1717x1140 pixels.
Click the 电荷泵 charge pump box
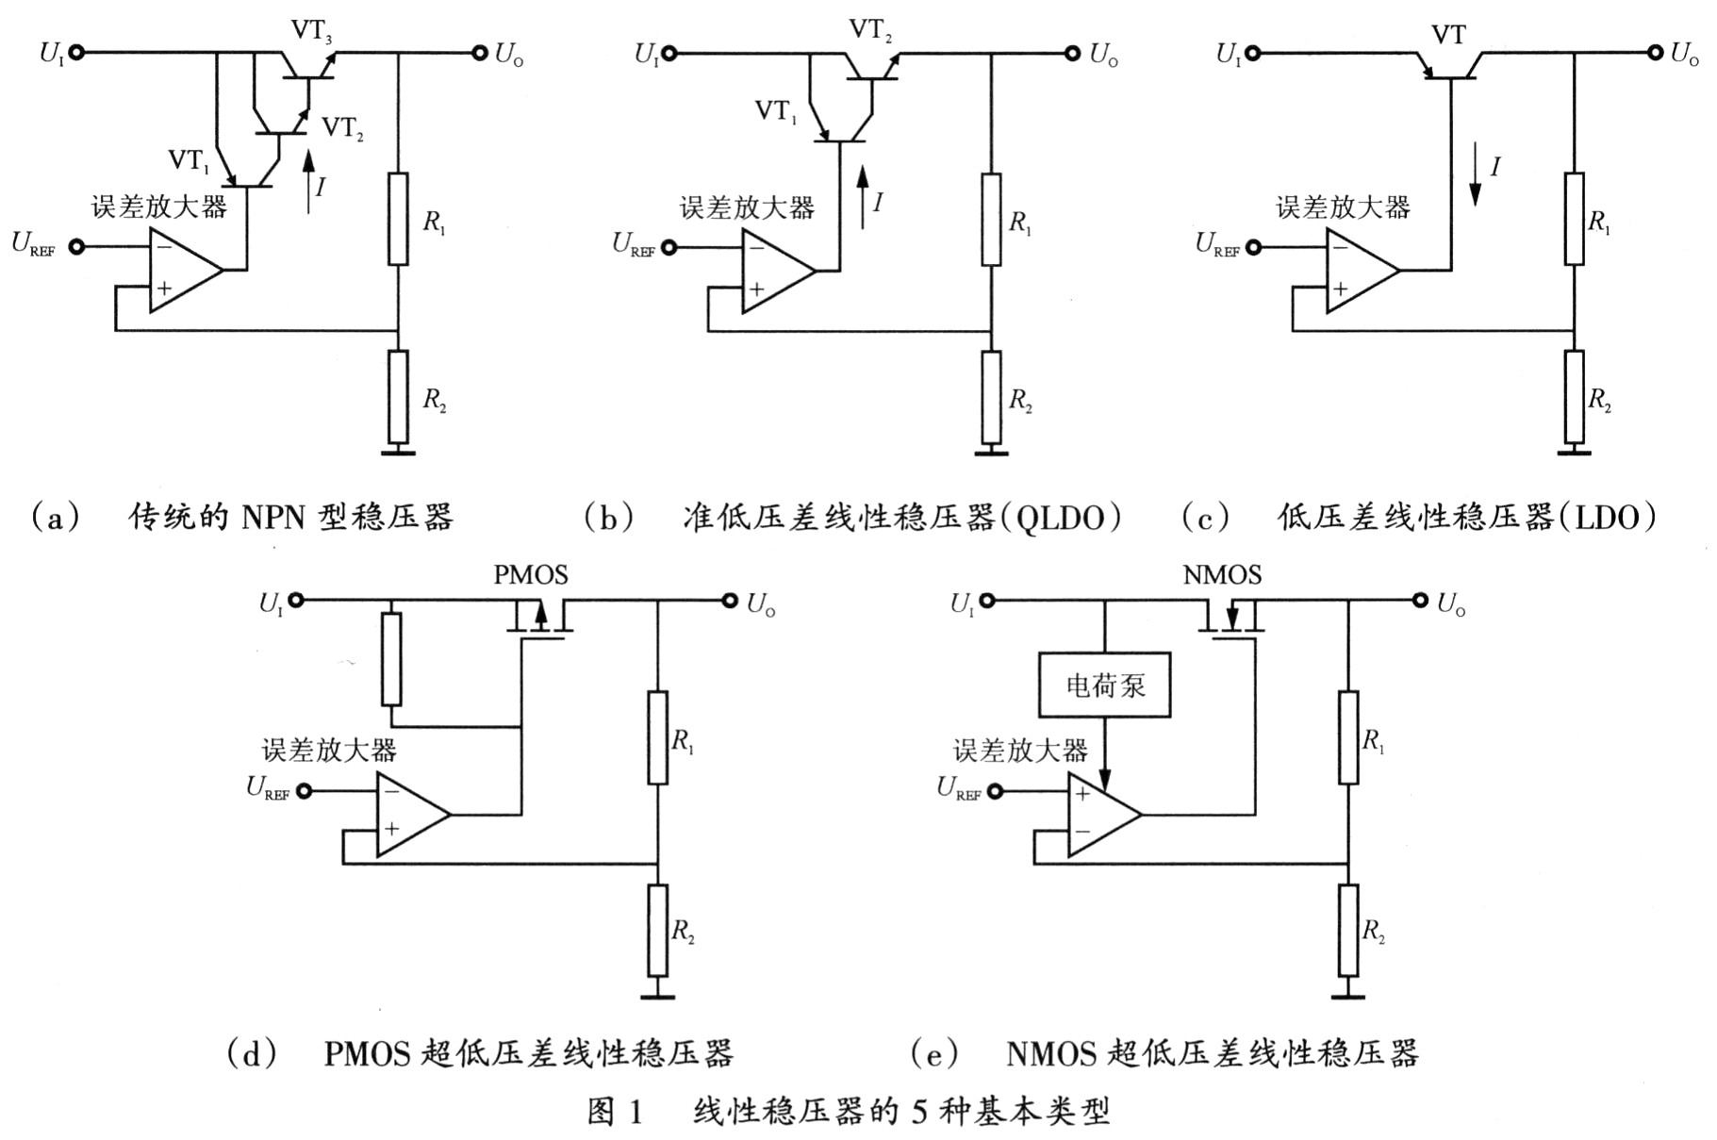tap(1104, 685)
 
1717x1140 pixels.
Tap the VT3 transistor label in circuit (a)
tap(310, 31)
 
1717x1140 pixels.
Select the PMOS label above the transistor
tap(530, 574)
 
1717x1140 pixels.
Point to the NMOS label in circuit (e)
tap(1221, 574)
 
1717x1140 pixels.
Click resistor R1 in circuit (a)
tap(398, 219)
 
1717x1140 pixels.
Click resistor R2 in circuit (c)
tap(1573, 396)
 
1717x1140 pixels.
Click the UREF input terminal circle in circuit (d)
tap(304, 791)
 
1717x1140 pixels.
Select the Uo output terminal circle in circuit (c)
tap(1655, 53)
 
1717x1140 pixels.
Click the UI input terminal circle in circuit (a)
tap(76, 53)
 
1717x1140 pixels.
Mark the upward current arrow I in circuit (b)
tap(862, 198)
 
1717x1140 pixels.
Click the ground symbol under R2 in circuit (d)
tap(657, 994)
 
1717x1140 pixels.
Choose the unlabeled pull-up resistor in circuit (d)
tap(391, 659)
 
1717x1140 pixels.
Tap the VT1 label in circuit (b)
tap(776, 111)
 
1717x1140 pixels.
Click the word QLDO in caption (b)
tap(1059, 517)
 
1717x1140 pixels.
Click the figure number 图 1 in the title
tap(614, 1112)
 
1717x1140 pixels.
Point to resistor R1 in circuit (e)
tap(1348, 737)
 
